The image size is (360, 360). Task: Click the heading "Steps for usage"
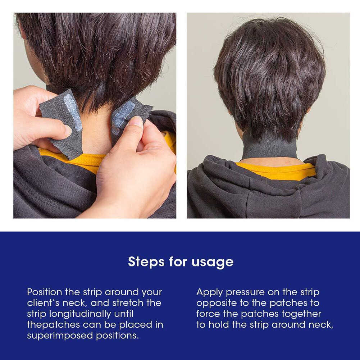[x=181, y=262]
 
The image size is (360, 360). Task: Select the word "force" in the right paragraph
[x=209, y=314]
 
